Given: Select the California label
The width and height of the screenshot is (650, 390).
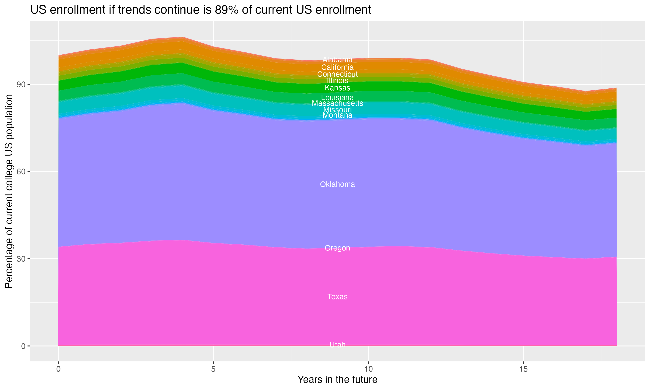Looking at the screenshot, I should [x=337, y=67].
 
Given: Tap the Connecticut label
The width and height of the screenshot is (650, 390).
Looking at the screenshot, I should [x=337, y=74].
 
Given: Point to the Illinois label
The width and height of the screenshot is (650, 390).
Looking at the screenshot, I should [x=337, y=80].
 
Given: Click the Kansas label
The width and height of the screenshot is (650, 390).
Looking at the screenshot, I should [x=337, y=88].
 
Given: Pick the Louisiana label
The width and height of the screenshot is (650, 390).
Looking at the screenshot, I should [x=337, y=97].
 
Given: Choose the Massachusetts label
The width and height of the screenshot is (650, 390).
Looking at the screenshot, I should [x=337, y=103].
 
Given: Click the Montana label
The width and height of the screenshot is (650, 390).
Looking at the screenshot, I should [x=337, y=115].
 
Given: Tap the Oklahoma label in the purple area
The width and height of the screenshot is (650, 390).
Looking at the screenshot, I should [x=337, y=184].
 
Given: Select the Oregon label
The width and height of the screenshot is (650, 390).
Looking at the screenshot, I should [x=337, y=248].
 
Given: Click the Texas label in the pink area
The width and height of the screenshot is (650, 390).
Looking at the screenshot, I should [x=337, y=297].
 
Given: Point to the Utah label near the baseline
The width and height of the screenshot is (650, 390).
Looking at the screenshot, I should [x=337, y=344].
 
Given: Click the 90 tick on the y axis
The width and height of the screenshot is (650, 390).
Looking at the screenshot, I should [x=21, y=85].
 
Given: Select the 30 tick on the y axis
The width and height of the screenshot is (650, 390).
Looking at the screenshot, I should [x=21, y=259].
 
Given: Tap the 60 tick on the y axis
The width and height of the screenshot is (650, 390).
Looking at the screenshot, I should [x=21, y=172].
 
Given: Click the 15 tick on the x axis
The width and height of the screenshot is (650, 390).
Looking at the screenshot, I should [x=523, y=369].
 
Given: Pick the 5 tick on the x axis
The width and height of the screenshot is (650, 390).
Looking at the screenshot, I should [x=213, y=369].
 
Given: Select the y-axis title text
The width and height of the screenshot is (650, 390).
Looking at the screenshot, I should [x=9, y=191].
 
